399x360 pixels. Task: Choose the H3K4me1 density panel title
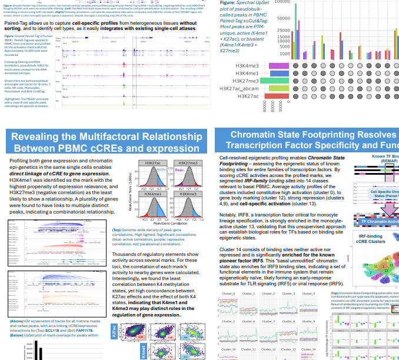pos(151,192)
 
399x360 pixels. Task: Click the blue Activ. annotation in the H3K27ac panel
pos(161,168)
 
